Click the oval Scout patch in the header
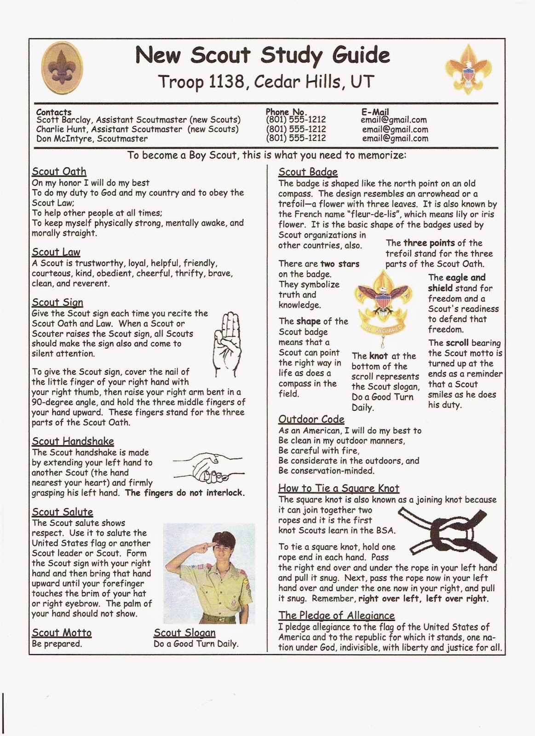click(62, 68)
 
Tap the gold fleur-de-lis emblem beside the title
click(468, 69)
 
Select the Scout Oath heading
click(59, 172)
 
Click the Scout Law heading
click(56, 252)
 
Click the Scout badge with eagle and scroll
click(383, 308)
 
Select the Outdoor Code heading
click(311, 419)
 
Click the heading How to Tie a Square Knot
click(339, 488)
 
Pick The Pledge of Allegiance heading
click(337, 615)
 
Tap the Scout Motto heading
click(62, 632)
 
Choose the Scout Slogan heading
click(184, 632)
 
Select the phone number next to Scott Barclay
click(296, 120)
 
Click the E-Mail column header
click(375, 112)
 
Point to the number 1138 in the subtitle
click(226, 81)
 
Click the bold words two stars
click(340, 264)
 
